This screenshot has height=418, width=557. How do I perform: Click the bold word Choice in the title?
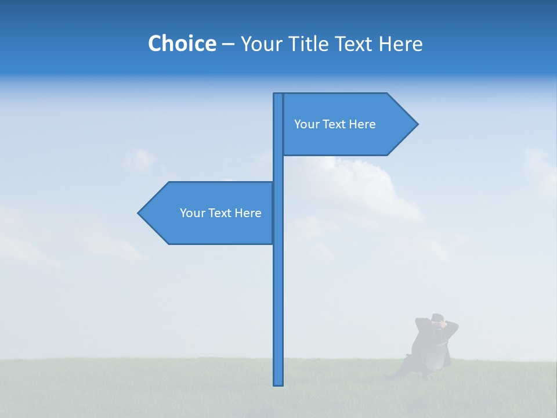click(182, 44)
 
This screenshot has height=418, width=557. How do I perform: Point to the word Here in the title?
click(400, 44)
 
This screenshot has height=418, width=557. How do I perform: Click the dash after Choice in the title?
click(228, 44)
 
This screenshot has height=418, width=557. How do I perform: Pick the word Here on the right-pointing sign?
click(362, 124)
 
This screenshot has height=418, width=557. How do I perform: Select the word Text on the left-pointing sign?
click(220, 213)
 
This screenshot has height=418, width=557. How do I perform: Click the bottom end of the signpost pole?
click(278, 383)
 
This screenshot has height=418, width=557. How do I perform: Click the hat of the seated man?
click(439, 318)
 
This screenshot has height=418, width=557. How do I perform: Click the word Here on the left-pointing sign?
click(248, 213)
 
